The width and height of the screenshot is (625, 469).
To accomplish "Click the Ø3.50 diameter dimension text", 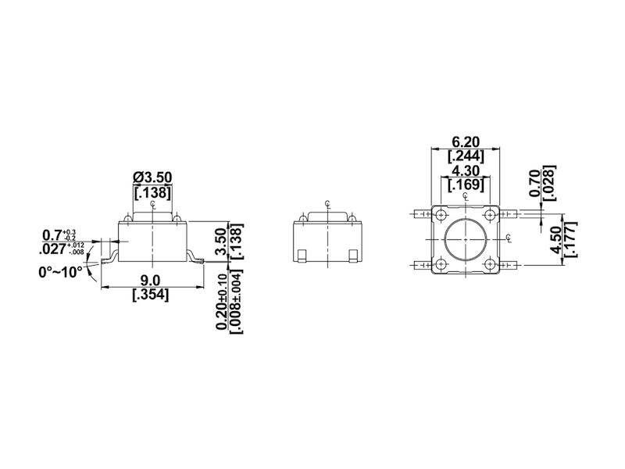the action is [x=152, y=177].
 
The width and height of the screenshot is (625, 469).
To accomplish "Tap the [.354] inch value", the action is [x=151, y=295].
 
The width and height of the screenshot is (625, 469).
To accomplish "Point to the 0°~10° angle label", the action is [x=61, y=272].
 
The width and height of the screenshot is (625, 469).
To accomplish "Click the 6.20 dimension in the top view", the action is [x=466, y=142].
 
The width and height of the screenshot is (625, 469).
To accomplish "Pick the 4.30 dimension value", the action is [x=466, y=171].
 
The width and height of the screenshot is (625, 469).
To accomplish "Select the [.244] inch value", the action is [x=466, y=156].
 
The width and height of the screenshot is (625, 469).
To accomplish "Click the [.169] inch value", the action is [x=466, y=185].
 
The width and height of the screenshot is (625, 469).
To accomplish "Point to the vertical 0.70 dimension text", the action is [x=535, y=183].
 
